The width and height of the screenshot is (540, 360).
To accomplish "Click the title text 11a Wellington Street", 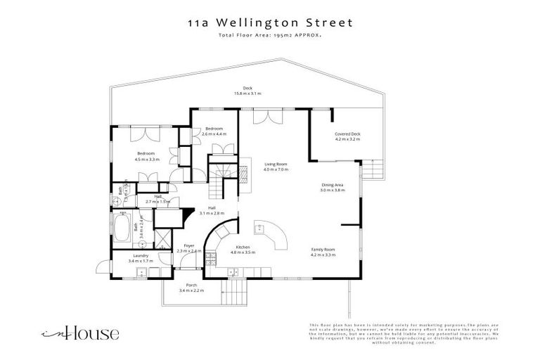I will click(x=270, y=22).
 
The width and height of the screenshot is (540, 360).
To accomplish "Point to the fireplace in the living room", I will click(x=245, y=169).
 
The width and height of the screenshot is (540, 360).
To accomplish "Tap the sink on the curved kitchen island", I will click(x=261, y=227).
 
